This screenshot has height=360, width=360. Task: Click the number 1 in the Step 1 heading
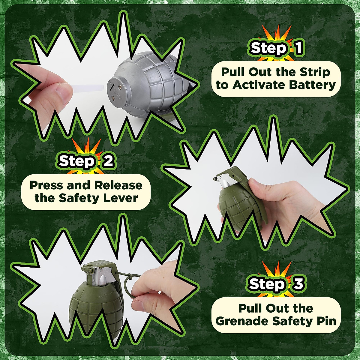tap(298, 48)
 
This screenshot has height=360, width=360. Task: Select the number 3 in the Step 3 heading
tap(298, 284)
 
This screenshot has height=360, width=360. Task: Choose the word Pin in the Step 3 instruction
tap(327, 321)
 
